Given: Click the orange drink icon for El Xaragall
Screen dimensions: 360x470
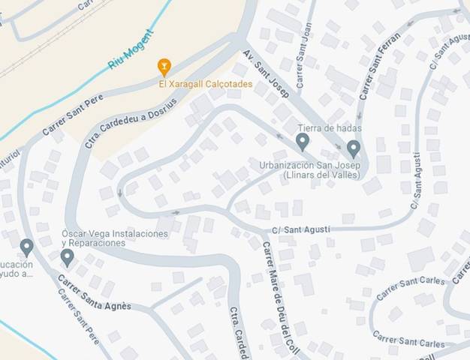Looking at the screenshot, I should [x=164, y=67].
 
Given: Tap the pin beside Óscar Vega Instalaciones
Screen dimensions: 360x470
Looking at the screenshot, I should [x=67, y=257].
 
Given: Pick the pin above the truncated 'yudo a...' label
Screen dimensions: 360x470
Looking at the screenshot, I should [x=26, y=246].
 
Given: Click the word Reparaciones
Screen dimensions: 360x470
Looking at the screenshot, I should [x=93, y=244].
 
